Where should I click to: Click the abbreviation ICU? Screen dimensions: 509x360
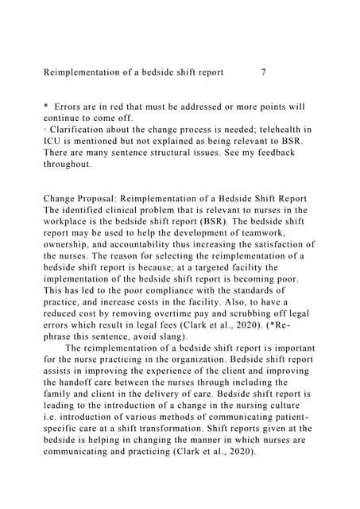[x=53, y=141]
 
